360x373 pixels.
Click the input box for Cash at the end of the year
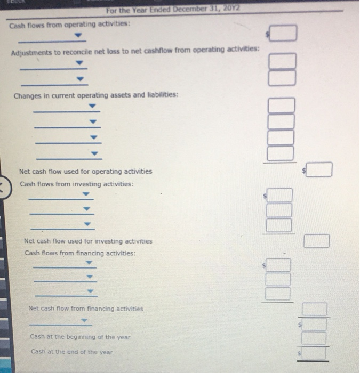pos(314,353)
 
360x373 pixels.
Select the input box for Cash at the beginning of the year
pos(314,338)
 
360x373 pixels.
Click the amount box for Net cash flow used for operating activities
pos(319,169)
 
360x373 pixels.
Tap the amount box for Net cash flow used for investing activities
pos(317,241)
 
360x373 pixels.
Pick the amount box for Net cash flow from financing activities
pos(315,309)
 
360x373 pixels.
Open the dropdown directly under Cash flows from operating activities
pos(78,35)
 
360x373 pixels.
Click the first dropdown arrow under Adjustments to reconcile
pos(79,63)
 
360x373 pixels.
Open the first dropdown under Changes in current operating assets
pos(92,106)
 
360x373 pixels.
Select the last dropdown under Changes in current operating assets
pos(94,153)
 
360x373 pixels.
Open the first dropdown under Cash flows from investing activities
pos(86,194)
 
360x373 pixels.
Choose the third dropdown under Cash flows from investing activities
pos(87,224)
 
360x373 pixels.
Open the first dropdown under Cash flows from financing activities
pos(89,263)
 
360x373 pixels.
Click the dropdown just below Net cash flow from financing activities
pos(84,320)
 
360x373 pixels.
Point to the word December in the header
pos(190,9)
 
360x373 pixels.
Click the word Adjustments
pos(31,53)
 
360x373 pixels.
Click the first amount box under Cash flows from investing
pos(279,195)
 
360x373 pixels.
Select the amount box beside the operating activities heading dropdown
pos(283,33)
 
